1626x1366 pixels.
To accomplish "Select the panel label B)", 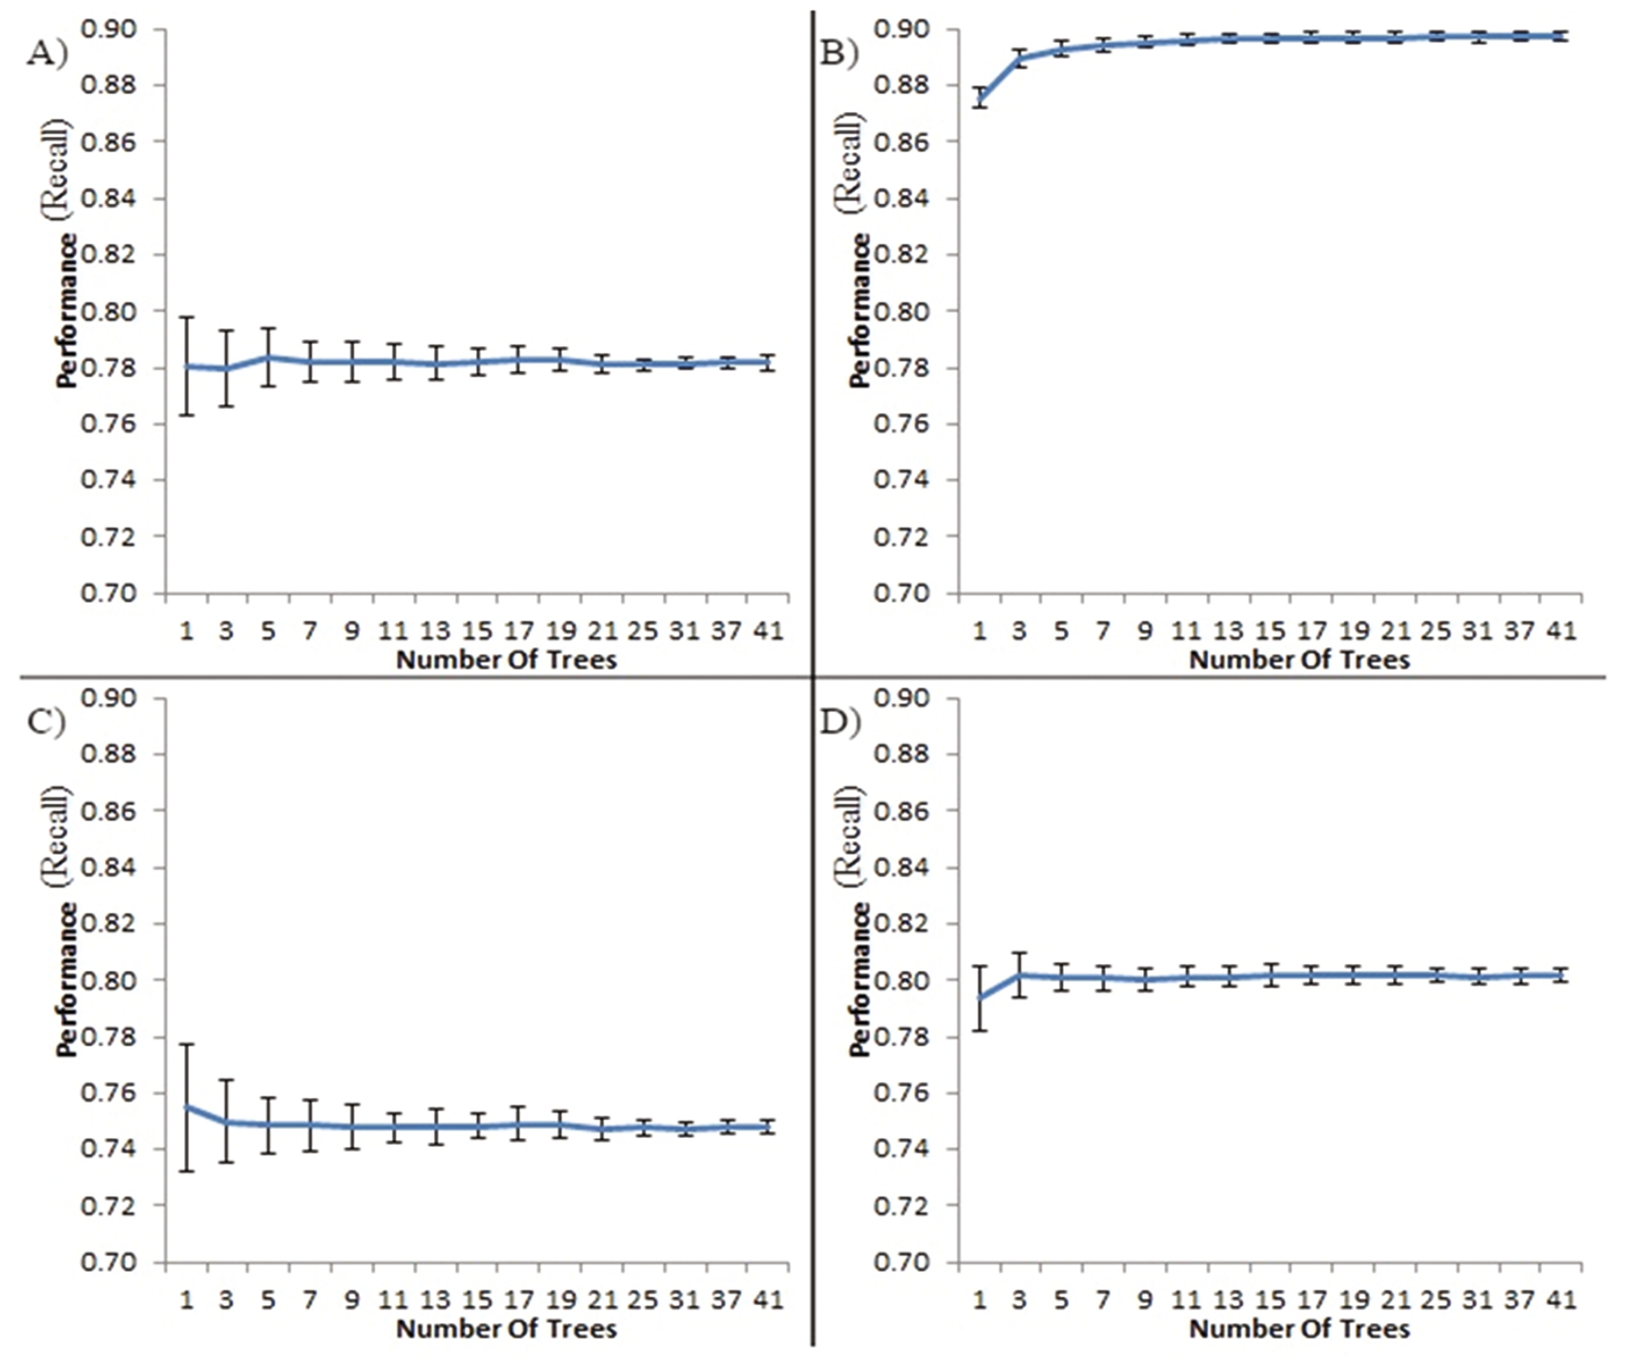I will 839,54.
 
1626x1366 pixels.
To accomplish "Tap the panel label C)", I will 46,722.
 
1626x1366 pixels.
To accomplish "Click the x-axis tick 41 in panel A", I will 768,631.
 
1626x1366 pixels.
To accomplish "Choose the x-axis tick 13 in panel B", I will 1228,631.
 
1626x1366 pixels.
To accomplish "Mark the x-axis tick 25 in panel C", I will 642,1299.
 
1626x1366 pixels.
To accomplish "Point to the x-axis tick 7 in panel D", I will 1102,1299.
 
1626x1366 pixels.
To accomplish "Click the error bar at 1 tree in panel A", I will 186,365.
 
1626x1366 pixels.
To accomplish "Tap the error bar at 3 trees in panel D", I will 1020,974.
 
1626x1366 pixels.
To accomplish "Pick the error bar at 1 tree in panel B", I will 980,98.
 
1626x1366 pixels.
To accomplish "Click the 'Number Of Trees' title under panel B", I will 1299,660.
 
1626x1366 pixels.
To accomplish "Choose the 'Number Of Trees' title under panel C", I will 506,1329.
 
